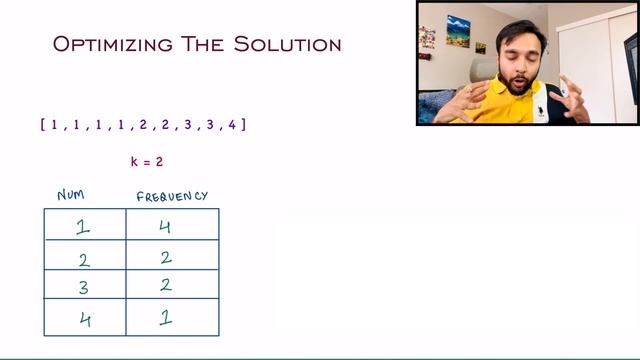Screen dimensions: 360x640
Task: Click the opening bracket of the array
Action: tap(42, 125)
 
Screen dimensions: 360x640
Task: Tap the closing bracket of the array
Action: tap(244, 125)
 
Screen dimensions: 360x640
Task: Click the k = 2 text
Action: tap(146, 161)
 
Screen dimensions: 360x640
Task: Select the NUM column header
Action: tap(71, 196)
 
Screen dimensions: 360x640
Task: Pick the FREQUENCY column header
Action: tap(172, 196)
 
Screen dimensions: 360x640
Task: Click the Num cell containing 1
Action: tap(84, 226)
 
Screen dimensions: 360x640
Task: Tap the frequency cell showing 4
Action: tap(166, 226)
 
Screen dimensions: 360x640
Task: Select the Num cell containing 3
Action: tap(84, 286)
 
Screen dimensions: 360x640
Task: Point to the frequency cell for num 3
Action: tap(166, 285)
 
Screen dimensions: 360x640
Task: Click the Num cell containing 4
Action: tap(84, 320)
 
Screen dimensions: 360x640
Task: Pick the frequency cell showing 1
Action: tap(166, 319)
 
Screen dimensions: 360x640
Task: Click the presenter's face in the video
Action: tap(517, 60)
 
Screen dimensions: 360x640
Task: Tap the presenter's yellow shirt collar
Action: tap(500, 92)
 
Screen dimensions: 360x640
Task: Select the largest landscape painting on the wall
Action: tap(458, 30)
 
